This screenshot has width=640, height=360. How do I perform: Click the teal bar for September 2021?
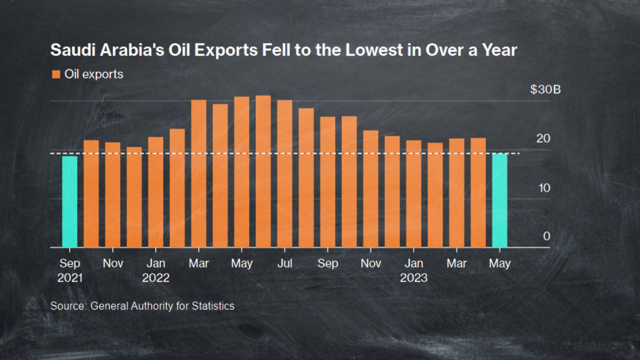click(69, 201)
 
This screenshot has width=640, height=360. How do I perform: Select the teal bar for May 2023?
click(499, 200)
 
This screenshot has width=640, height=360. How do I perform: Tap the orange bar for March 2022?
click(198, 173)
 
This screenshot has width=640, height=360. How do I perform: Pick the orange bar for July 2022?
click(284, 173)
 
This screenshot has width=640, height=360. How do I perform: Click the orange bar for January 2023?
click(413, 193)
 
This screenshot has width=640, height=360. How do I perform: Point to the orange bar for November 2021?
click(112, 194)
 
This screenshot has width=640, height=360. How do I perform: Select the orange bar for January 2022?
click(155, 192)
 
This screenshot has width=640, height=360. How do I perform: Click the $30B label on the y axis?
click(545, 90)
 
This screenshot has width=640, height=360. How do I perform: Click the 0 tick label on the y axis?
click(546, 236)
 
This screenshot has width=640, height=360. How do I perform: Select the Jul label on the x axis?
click(284, 263)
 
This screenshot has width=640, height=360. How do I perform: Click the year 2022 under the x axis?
click(155, 278)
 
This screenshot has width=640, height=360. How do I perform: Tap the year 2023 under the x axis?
click(413, 278)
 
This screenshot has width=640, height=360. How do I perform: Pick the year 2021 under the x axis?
click(70, 278)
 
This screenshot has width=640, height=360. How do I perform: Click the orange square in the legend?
click(55, 74)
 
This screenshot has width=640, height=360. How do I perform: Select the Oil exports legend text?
click(94, 74)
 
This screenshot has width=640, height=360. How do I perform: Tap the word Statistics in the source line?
click(213, 305)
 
